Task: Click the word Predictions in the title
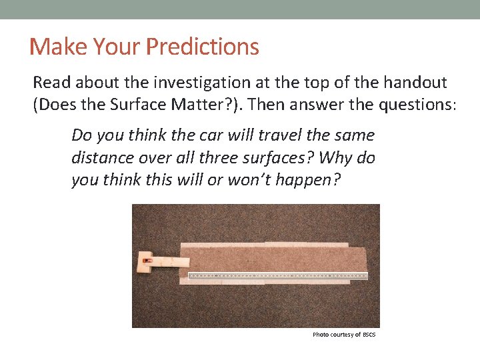(202, 47)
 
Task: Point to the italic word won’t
(250, 180)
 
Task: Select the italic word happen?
(308, 180)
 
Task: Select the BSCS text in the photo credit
(369, 335)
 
